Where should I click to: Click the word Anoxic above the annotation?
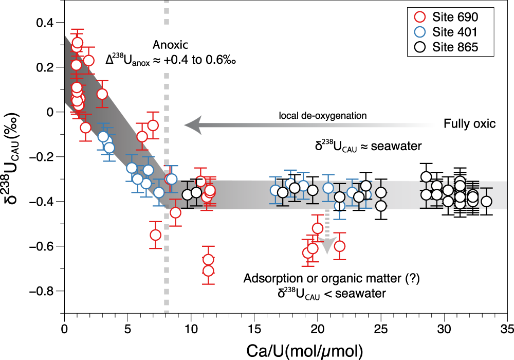click(168, 45)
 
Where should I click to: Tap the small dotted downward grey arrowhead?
click(324, 248)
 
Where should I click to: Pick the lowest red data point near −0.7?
click(208, 271)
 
